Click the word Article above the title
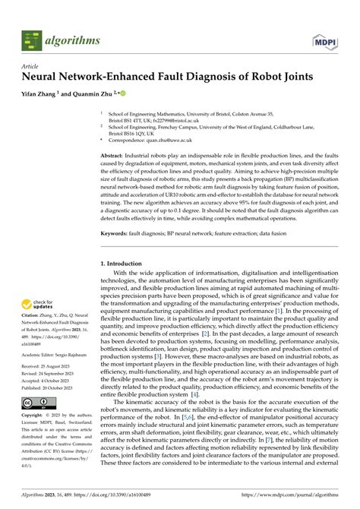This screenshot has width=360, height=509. (x=31, y=66)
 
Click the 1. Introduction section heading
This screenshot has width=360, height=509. (x=128, y=264)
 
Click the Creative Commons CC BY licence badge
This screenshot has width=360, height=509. (x=36, y=422)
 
